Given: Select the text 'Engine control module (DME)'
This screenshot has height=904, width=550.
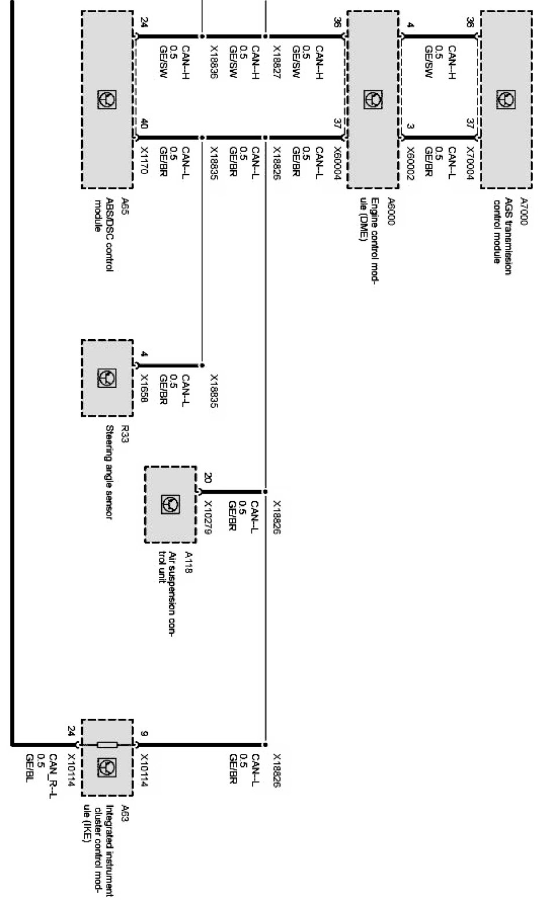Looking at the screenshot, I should pos(369,229).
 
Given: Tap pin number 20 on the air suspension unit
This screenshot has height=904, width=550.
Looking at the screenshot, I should pos(207,478).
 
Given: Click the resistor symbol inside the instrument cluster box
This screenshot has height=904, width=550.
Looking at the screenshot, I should pos(107,745).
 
